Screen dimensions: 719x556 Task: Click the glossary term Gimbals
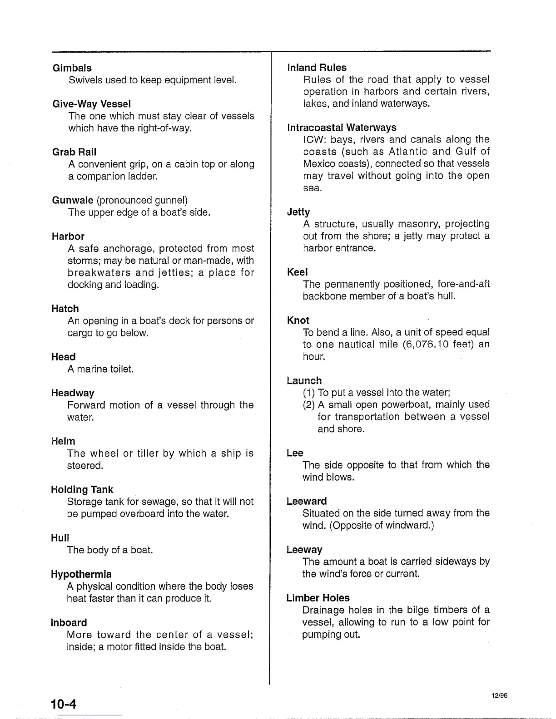coord(72,68)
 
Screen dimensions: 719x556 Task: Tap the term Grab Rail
coord(74,152)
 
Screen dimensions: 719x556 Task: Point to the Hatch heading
coord(65,309)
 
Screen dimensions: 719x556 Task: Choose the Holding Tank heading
coord(82,489)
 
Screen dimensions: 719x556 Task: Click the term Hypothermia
coord(81,574)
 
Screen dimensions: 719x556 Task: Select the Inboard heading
coord(69,622)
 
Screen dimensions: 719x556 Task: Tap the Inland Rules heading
coord(317,68)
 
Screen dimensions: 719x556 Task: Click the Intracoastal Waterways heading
coord(342,128)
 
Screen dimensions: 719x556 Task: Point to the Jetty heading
coord(298,212)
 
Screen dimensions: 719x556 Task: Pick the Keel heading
coord(297,272)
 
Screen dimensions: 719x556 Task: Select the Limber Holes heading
coord(318,598)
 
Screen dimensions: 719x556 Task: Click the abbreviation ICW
coord(314,139)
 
